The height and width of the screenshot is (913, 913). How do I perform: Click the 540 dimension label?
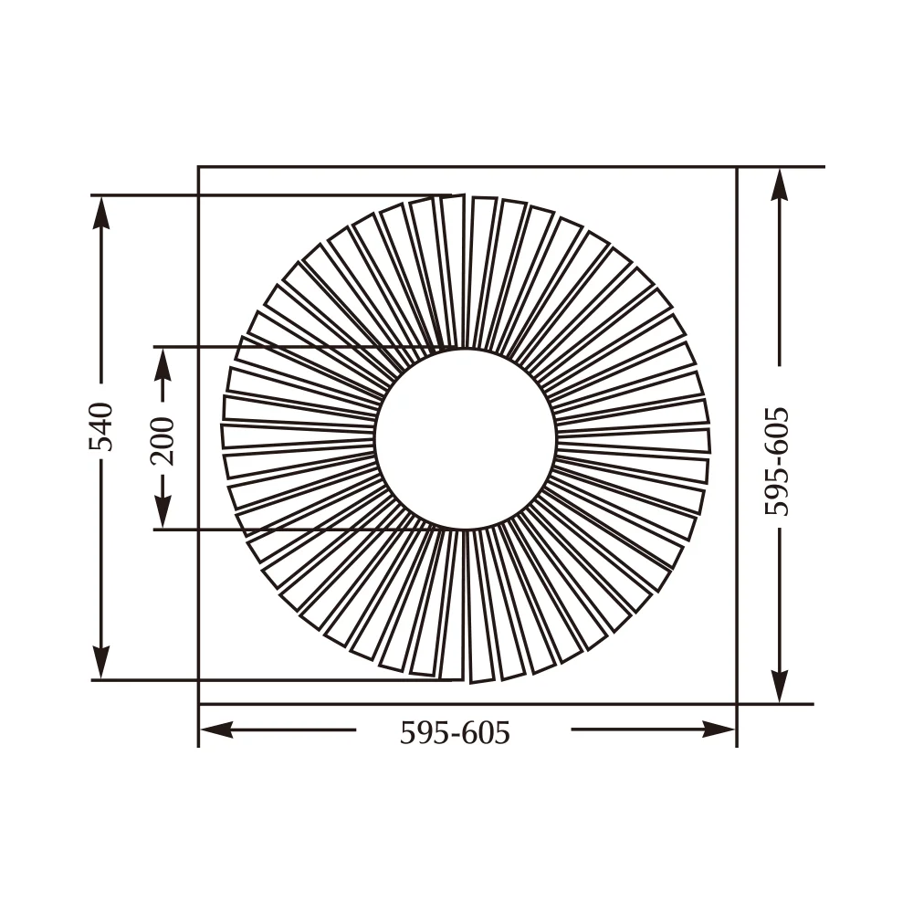point(101,425)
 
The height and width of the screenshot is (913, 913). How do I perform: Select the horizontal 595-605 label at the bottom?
point(455,731)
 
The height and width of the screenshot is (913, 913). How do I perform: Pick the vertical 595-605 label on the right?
point(778,462)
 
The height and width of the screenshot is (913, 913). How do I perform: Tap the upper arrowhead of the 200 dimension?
point(163,364)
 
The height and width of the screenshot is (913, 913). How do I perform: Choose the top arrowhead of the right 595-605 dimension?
point(779,186)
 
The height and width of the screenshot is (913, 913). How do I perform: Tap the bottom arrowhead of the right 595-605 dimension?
point(779,685)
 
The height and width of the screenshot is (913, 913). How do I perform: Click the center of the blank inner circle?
point(466,438)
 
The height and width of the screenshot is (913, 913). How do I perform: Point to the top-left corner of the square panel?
point(199,167)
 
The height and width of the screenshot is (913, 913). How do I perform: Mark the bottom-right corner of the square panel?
point(737,704)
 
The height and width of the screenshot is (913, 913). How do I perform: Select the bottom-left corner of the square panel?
point(199,704)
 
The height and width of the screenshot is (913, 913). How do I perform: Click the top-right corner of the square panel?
point(737,167)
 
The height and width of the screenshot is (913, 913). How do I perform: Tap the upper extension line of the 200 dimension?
point(274,346)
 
